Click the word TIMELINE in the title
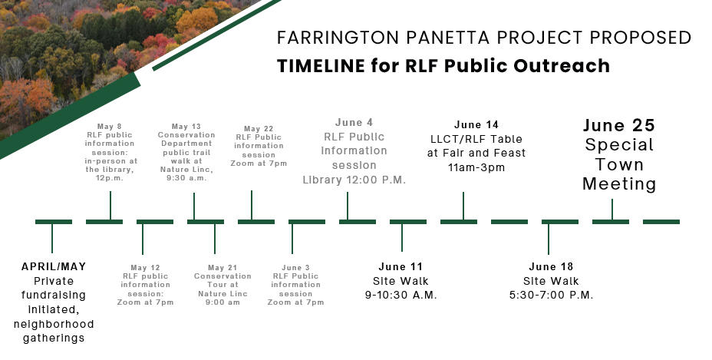coord(321,66)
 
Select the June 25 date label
coord(619,125)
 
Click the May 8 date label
coord(110,127)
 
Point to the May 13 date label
coord(186,127)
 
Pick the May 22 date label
coord(259,129)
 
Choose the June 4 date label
coord(354,122)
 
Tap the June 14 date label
coord(476,124)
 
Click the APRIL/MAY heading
coord(54,266)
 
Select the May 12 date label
coord(145,268)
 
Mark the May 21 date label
coord(222,268)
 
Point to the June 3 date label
coord(295,268)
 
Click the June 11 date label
coord(401,266)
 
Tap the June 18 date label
coord(551,266)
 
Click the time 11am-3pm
coord(476,167)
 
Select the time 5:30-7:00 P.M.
coord(551,295)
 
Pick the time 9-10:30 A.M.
coord(401,295)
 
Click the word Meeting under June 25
coord(619,184)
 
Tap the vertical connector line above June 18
coord(548,239)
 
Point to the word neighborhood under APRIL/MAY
coord(54,324)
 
